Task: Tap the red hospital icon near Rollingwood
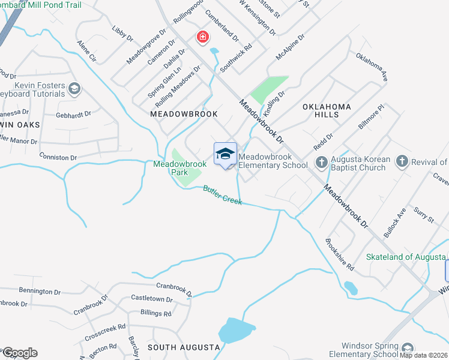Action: [203, 38]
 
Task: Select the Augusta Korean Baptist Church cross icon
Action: [321, 162]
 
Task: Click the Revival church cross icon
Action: [402, 161]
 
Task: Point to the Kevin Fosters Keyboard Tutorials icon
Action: [74, 89]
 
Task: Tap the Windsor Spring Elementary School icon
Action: [408, 349]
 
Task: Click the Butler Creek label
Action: [222, 195]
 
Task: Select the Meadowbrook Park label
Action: [179, 168]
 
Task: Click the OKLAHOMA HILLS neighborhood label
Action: [327, 110]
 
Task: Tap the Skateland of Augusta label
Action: [407, 257]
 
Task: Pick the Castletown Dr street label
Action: [152, 298]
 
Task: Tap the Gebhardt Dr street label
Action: [73, 113]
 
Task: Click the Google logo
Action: [20, 353]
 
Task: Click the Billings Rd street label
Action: [155, 313]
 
